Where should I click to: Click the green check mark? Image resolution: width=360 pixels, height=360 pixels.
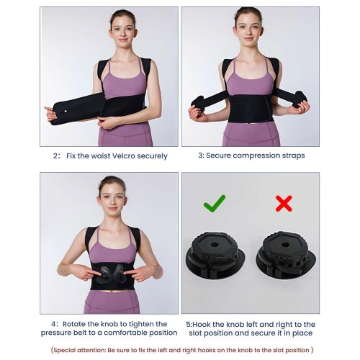214,204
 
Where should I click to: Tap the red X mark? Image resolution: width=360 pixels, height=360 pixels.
284,204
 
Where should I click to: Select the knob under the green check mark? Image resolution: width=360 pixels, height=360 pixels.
215,255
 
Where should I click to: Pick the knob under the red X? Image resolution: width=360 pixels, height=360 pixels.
286,255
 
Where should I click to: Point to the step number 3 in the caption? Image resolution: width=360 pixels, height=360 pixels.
201,156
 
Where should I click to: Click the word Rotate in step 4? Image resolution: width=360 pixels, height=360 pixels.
74,324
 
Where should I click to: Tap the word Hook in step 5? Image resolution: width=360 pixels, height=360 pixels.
202,325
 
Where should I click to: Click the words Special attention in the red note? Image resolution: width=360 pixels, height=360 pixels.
79,350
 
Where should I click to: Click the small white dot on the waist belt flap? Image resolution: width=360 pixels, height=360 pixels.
66,112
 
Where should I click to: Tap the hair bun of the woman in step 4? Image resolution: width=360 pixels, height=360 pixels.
112,179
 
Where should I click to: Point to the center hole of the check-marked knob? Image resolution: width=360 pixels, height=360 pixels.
215,245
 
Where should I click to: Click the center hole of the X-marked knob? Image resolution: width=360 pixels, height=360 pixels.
285,245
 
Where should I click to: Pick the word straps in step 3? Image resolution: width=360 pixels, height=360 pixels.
294,156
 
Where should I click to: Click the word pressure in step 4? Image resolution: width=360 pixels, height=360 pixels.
55,333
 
